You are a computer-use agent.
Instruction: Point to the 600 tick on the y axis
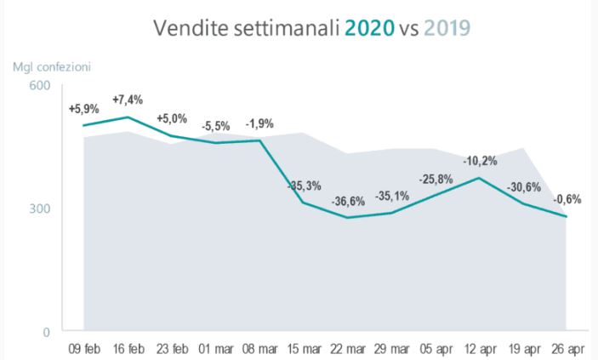tap(42, 86)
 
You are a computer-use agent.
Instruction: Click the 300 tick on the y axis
tap(42, 209)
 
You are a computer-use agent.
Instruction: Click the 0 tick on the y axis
tap(47, 332)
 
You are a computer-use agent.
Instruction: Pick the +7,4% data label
tap(128, 100)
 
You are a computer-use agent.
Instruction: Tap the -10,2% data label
tap(481, 160)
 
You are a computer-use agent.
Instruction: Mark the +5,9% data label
tap(83, 109)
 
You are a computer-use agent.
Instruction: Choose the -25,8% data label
tap(436, 179)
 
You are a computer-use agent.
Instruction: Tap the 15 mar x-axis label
tap(304, 348)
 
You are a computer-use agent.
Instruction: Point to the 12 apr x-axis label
tap(481, 348)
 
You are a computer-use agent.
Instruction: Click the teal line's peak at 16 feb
tap(128, 117)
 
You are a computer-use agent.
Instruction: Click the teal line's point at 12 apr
tap(481, 178)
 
